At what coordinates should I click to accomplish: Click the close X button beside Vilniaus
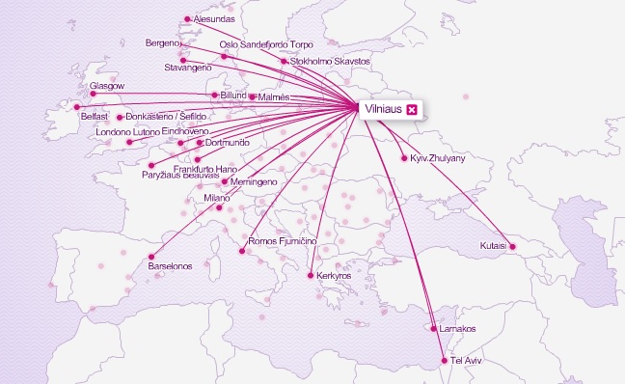[412, 111]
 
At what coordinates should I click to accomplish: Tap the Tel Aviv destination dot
[445, 361]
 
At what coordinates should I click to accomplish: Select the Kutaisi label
[493, 246]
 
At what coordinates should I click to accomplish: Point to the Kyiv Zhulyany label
[438, 157]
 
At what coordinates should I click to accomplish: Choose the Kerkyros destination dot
[310, 276]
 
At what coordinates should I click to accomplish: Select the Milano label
[217, 198]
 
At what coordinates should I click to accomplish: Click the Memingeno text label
[255, 181]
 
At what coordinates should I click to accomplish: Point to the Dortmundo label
[229, 142]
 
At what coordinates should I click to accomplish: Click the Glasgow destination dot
[93, 94]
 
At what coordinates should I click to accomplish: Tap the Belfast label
[95, 116]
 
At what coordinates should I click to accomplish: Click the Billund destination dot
[214, 95]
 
